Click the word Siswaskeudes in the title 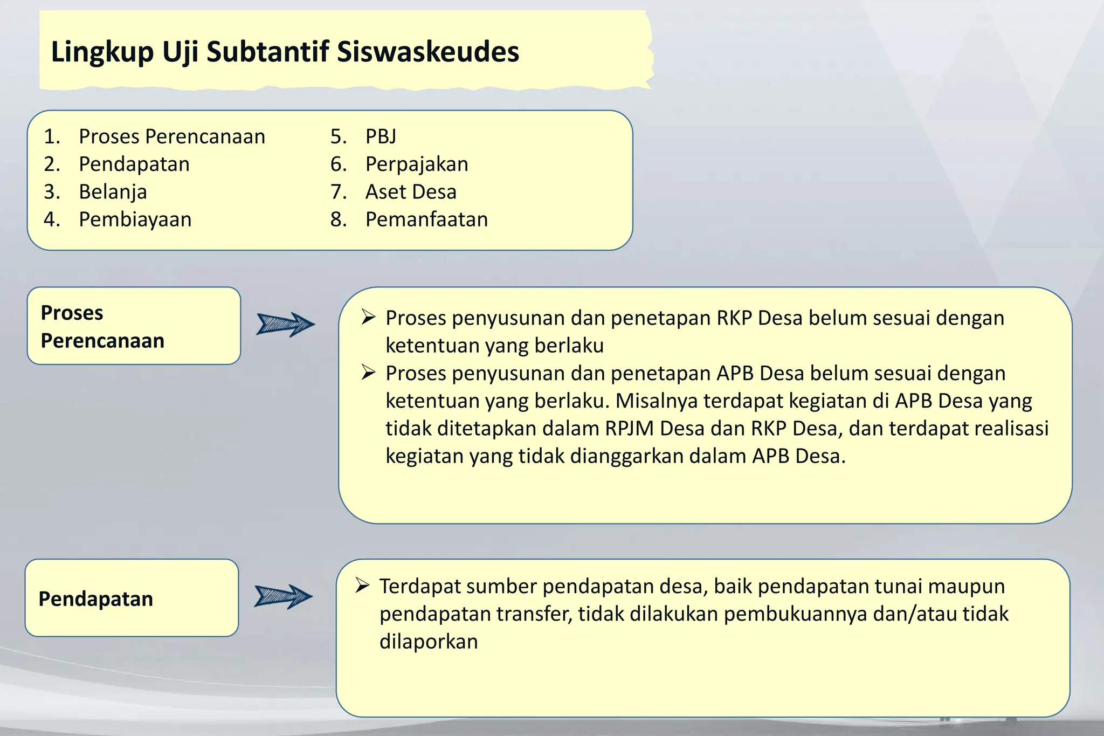click(x=428, y=52)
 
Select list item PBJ click(x=381, y=136)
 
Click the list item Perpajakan click(x=417, y=164)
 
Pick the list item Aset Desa click(x=411, y=191)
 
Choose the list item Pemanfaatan click(x=426, y=219)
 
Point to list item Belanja click(x=113, y=191)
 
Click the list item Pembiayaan click(x=135, y=219)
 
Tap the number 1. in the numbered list click(x=52, y=136)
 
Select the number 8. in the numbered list click(x=339, y=219)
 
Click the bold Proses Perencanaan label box click(x=134, y=326)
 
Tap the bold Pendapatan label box click(x=132, y=599)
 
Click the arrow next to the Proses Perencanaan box click(x=285, y=324)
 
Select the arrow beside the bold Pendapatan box click(x=283, y=596)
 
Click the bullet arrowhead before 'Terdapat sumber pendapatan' click(x=362, y=586)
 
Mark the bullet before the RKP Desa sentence click(x=368, y=317)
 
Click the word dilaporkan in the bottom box click(x=429, y=642)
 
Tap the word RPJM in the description click(x=629, y=429)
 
